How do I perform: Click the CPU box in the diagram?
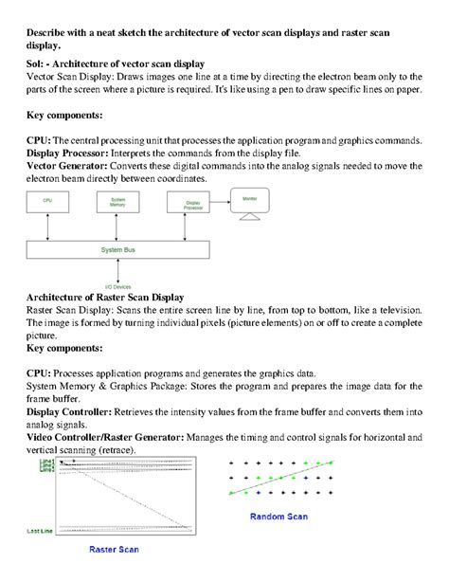(x=47, y=201)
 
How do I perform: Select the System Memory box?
(x=118, y=201)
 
